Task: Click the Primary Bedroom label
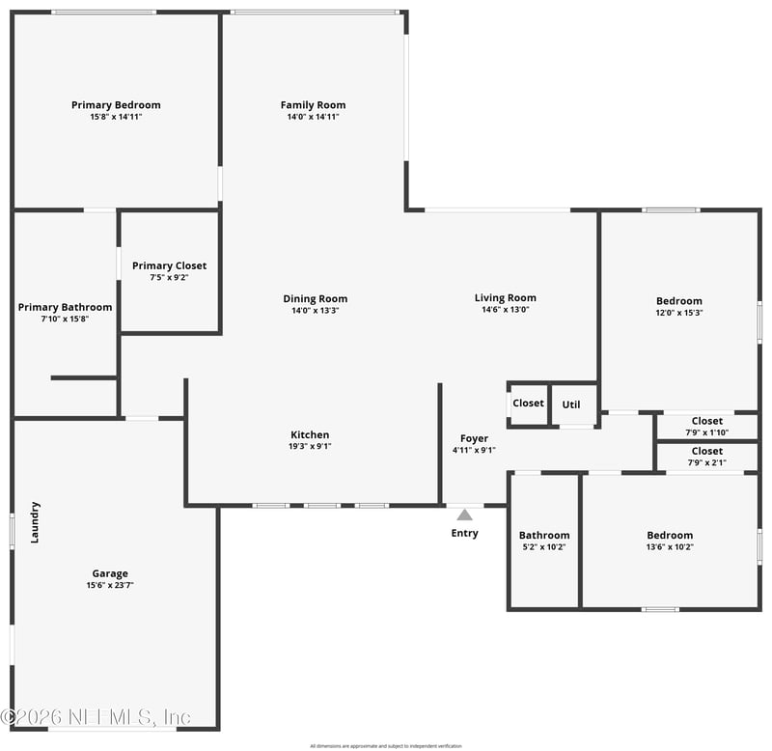(116, 105)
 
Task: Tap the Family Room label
(313, 105)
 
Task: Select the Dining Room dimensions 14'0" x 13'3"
(315, 311)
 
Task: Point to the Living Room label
(505, 298)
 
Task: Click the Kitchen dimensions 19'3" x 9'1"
(310, 447)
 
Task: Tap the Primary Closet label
(169, 266)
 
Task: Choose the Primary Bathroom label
(65, 308)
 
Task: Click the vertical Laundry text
(35, 522)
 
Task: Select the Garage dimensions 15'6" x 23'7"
(110, 585)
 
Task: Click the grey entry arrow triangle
(465, 515)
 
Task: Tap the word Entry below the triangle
(465, 533)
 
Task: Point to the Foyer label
(474, 439)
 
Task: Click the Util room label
(571, 404)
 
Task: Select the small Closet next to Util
(528, 403)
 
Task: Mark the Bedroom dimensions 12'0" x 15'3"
(679, 313)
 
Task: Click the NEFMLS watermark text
(96, 717)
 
